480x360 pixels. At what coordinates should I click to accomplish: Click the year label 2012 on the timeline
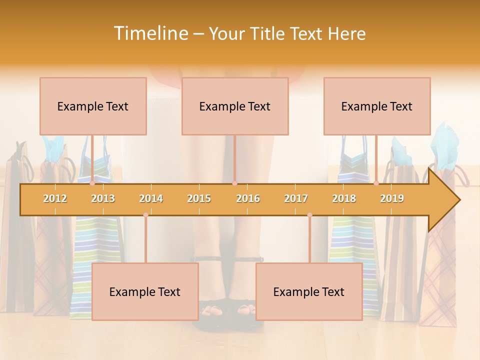(55, 198)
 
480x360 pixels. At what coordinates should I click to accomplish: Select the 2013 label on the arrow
(103, 198)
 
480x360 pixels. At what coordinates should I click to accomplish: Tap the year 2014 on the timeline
(151, 198)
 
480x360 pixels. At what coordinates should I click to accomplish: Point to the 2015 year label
(199, 198)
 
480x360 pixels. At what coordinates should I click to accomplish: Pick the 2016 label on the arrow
(248, 198)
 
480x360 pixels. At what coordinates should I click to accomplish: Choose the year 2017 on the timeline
(296, 198)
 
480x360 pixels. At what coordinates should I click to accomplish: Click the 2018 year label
(344, 198)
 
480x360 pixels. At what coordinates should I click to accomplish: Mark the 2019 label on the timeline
(392, 198)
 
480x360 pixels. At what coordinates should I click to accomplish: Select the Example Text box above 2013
(93, 106)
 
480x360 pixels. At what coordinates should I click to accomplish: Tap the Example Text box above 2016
(235, 106)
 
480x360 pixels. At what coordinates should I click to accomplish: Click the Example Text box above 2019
(377, 106)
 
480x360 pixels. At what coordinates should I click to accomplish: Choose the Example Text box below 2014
(145, 291)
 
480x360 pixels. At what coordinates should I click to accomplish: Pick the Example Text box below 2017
(309, 291)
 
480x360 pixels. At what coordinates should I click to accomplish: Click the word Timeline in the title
(150, 33)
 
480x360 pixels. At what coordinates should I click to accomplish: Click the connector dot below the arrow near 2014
(145, 215)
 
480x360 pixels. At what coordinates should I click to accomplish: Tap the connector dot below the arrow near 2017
(309, 215)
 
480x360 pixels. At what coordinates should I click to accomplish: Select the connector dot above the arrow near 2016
(234, 183)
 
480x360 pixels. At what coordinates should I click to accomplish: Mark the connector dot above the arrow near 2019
(376, 183)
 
